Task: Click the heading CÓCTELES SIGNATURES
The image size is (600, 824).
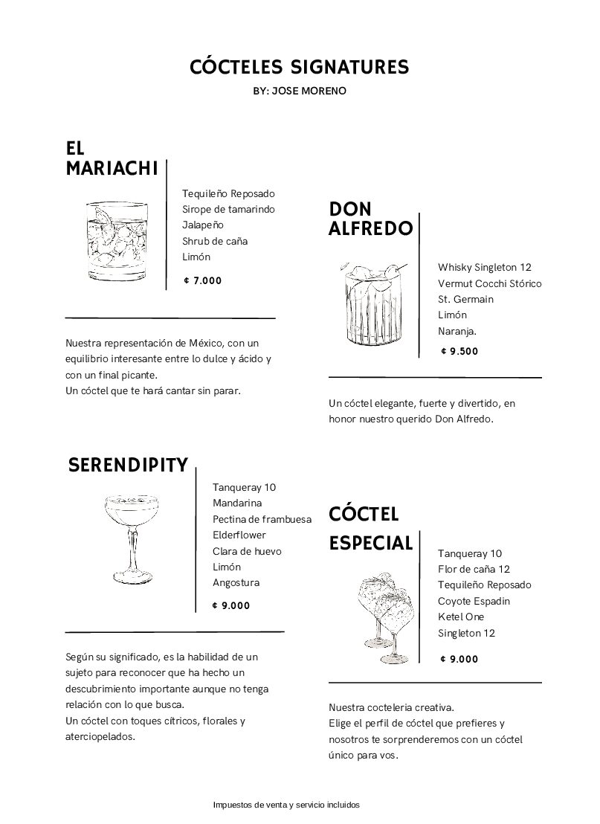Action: pyautogui.click(x=300, y=68)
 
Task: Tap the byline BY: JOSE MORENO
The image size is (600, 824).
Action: pyautogui.click(x=300, y=91)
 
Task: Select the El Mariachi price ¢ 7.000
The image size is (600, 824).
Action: pyautogui.click(x=202, y=281)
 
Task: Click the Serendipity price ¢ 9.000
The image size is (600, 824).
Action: pyautogui.click(x=231, y=605)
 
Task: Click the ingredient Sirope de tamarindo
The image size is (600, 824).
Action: pyautogui.click(x=228, y=209)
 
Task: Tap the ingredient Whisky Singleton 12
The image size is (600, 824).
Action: pyautogui.click(x=485, y=267)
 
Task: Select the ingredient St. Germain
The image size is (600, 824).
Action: pyautogui.click(x=465, y=299)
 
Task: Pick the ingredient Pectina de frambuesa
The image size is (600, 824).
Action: pyautogui.click(x=262, y=519)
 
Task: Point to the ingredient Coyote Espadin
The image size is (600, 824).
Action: pyautogui.click(x=474, y=601)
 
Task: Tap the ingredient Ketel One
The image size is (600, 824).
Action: pyautogui.click(x=461, y=617)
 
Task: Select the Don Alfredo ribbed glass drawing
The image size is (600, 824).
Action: pyautogui.click(x=373, y=305)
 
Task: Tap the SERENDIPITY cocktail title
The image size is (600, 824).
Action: pyautogui.click(x=128, y=466)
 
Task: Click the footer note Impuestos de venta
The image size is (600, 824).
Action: pyautogui.click(x=286, y=805)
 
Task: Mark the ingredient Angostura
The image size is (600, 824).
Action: pyautogui.click(x=236, y=583)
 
